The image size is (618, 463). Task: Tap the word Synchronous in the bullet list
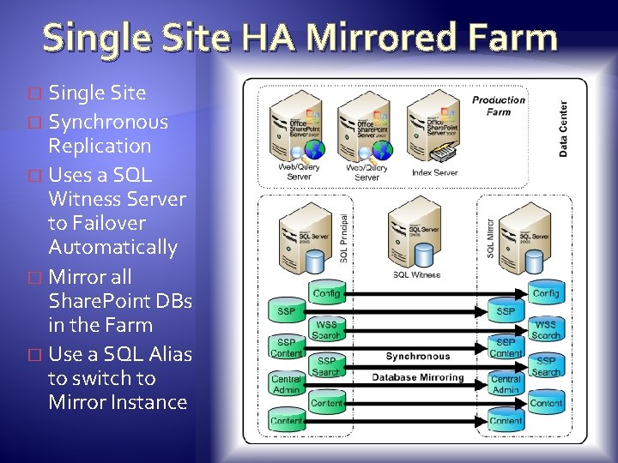click(108, 122)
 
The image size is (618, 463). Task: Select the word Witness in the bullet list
click(85, 199)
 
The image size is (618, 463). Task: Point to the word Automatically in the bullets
click(112, 247)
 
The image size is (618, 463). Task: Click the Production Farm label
click(498, 105)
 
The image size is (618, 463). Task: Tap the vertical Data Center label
click(564, 129)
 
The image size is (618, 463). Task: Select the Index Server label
click(434, 172)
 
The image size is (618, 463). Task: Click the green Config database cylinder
click(326, 293)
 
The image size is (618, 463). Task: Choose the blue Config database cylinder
click(546, 293)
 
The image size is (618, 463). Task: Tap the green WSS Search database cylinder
click(326, 328)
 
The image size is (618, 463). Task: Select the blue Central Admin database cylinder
click(506, 382)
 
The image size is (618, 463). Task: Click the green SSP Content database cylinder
click(286, 347)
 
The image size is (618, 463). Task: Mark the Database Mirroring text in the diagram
click(417, 377)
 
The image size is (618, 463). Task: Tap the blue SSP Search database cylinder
click(546, 365)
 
